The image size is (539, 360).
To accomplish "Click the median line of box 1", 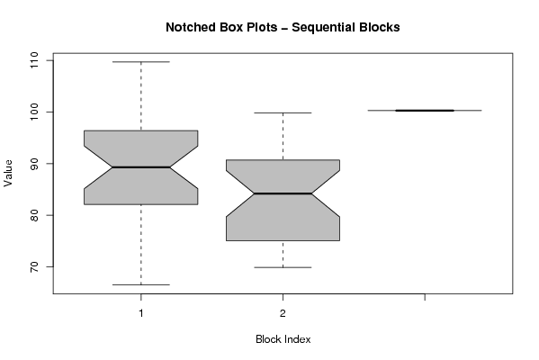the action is click(141, 167).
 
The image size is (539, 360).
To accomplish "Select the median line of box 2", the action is click(283, 193).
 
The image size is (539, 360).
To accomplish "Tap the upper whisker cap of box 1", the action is click(141, 62).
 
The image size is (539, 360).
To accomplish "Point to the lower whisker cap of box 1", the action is click(141, 284).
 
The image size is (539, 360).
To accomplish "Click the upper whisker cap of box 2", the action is click(283, 112).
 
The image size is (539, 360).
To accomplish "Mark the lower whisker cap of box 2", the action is click(283, 267).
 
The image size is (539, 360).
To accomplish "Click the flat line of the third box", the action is click(425, 111).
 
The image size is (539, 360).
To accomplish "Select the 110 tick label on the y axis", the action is click(34, 60).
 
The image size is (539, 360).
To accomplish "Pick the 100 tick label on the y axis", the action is click(34, 112).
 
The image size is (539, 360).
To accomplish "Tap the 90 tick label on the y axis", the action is click(34, 164).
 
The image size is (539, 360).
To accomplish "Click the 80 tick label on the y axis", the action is click(34, 215).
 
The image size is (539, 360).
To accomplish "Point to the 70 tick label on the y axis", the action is click(34, 266).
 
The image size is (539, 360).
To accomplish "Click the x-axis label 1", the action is click(141, 313).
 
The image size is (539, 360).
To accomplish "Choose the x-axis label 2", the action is click(283, 313).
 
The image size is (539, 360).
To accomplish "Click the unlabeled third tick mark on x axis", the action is click(425, 297).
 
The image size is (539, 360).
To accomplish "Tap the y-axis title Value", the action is click(8, 174).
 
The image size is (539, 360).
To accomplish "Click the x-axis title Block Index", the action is click(283, 339).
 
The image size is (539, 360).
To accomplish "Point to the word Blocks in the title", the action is click(380, 27).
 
